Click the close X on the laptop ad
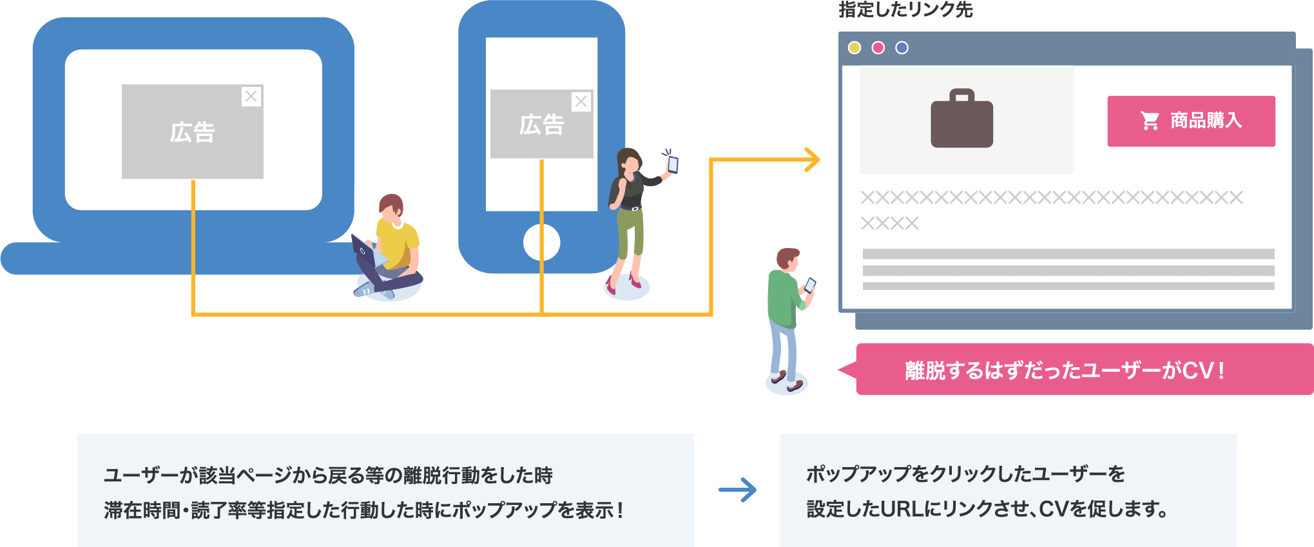251,97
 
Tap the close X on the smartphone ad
581,102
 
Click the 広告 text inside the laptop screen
192,133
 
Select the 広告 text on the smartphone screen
541,125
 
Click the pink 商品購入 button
1191,121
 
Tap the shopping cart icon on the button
1150,120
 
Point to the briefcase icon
961,119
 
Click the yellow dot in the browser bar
855,48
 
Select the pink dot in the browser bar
878,48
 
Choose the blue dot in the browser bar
902,48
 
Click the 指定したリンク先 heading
905,10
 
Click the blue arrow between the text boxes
738,490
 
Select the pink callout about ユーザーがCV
1083,370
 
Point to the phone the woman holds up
673,164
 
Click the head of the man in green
787,260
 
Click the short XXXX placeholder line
889,224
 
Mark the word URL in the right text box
902,510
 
